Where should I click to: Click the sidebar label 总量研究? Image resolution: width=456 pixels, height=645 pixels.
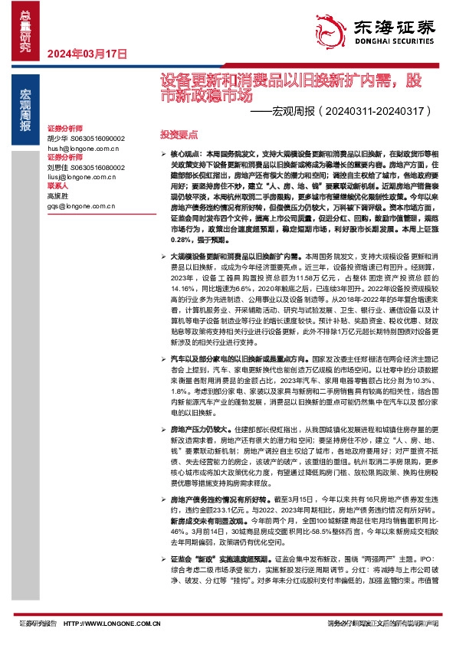tap(26, 28)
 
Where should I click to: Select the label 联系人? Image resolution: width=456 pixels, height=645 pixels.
tap(58, 185)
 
